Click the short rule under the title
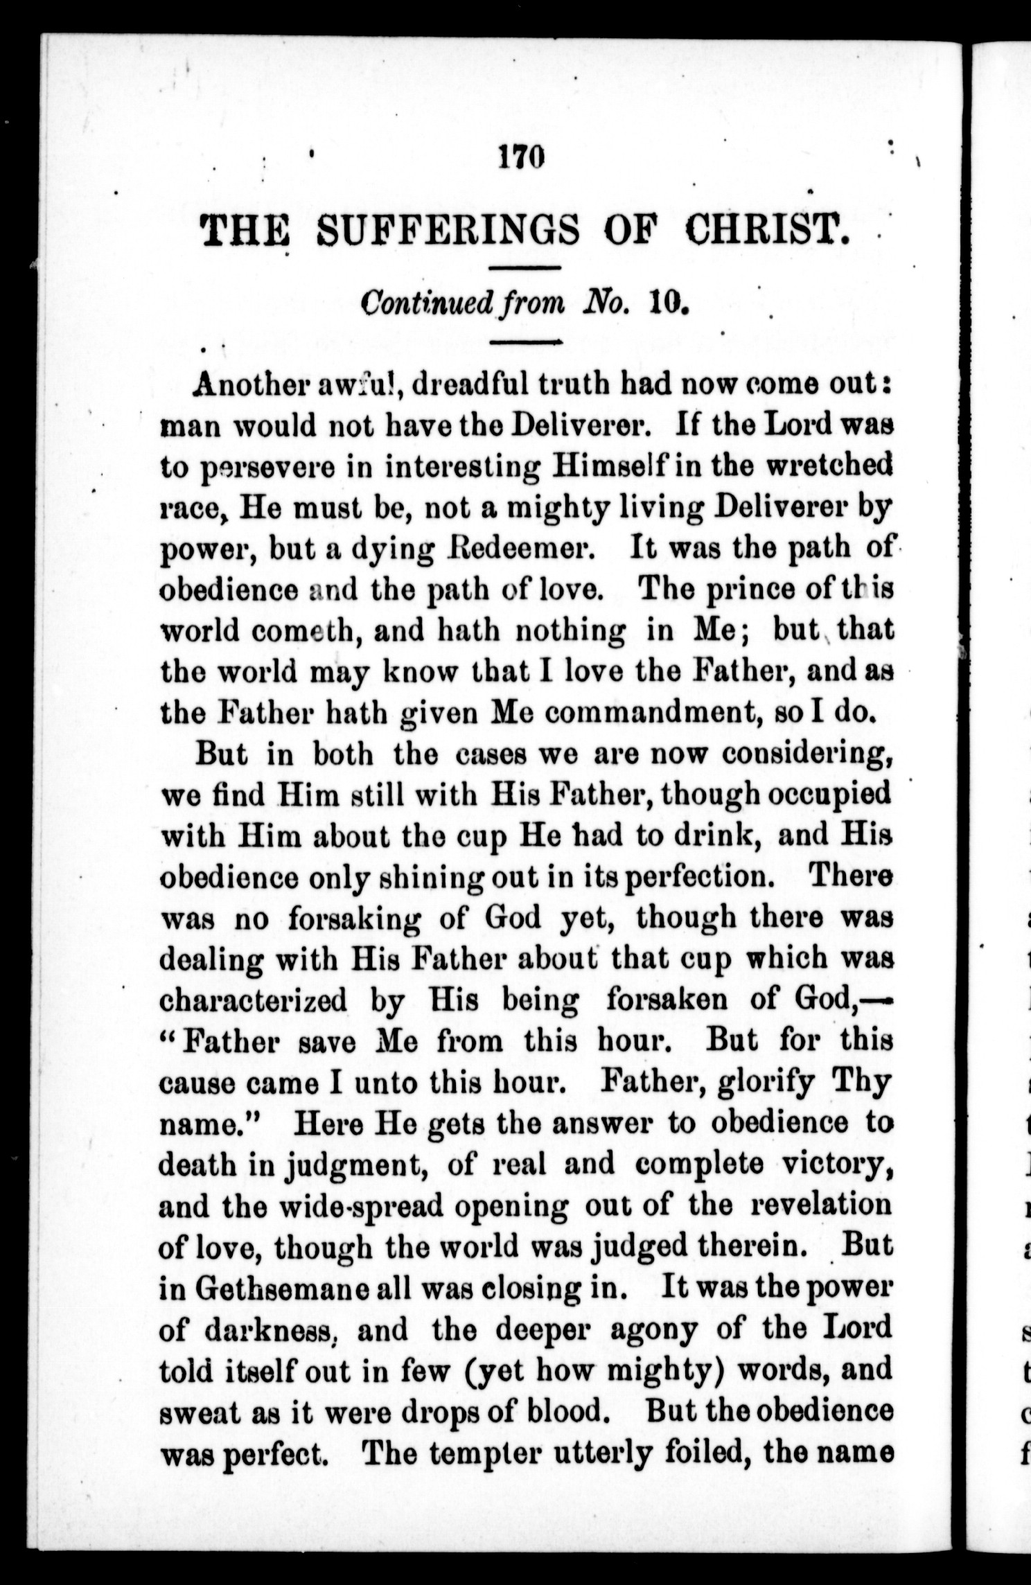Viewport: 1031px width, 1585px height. pos(524,267)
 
